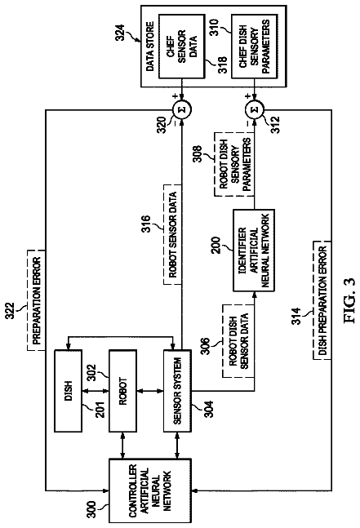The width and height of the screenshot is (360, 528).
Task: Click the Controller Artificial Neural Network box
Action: (x=150, y=490)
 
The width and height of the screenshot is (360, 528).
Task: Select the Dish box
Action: (x=68, y=391)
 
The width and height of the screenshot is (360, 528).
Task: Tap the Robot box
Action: (x=123, y=391)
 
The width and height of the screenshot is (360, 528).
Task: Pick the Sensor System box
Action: (x=177, y=391)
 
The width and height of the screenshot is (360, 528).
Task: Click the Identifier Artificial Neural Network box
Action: (x=254, y=251)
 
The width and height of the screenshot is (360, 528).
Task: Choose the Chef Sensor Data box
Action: (x=181, y=47)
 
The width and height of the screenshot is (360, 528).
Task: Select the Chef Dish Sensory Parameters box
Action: (x=255, y=47)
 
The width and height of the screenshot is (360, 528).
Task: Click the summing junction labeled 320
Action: (x=182, y=109)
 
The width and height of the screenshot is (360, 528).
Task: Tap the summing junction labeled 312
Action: (x=255, y=109)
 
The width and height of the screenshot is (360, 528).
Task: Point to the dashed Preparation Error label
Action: (x=36, y=300)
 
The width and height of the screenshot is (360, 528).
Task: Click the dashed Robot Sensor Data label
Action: (x=172, y=234)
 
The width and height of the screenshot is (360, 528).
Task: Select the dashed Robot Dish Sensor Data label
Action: (x=238, y=341)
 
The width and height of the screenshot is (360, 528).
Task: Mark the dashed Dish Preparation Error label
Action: (x=322, y=300)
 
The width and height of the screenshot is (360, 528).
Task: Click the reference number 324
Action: (x=120, y=33)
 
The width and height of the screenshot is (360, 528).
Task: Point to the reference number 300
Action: (x=91, y=510)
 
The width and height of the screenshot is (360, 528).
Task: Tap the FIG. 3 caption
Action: (x=349, y=300)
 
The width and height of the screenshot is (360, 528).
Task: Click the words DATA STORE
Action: (x=150, y=47)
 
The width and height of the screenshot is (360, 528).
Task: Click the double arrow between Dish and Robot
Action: (x=96, y=391)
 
